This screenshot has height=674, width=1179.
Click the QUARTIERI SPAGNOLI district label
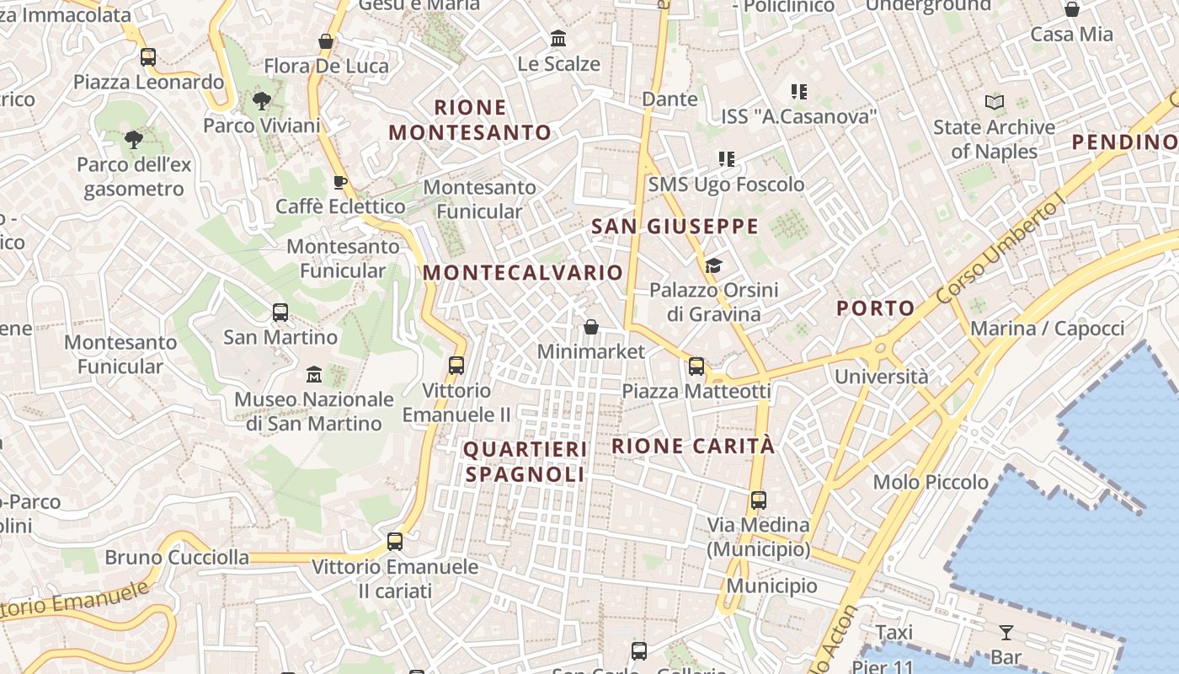(x=525, y=462)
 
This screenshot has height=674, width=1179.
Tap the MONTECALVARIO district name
(x=522, y=273)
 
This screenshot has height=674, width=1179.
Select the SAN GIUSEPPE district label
(x=675, y=227)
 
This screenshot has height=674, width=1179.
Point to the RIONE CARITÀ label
(x=692, y=447)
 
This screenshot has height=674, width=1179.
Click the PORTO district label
(x=875, y=308)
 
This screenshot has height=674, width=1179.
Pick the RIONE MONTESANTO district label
(x=469, y=120)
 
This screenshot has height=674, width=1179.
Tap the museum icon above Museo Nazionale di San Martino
(x=314, y=373)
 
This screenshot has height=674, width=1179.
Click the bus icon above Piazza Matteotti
(x=696, y=366)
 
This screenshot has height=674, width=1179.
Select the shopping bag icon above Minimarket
(x=591, y=327)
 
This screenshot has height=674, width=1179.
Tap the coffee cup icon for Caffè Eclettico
(x=340, y=183)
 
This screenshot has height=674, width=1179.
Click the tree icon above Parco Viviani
(x=262, y=102)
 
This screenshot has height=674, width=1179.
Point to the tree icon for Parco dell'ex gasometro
(x=133, y=139)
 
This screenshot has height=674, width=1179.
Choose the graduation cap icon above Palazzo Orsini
(x=713, y=266)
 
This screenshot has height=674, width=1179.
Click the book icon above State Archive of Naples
(x=995, y=103)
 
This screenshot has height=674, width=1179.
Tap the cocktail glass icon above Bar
(x=1006, y=633)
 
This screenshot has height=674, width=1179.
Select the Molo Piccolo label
(x=931, y=483)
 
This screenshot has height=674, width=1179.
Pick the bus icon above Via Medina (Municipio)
(x=758, y=500)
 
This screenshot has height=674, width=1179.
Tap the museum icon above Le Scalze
(x=557, y=39)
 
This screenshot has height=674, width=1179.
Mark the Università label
(x=881, y=377)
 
